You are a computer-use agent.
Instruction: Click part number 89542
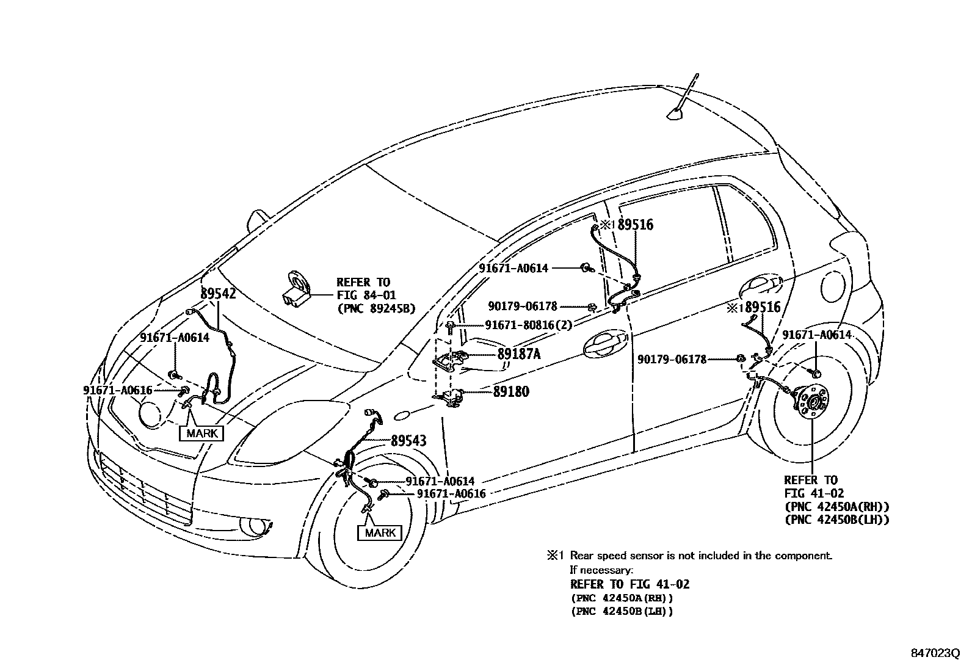coord(218,294)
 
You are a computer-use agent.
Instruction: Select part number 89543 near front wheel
coord(408,441)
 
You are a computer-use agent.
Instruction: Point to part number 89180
coord(511,391)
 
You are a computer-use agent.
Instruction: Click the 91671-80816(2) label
coord(529,325)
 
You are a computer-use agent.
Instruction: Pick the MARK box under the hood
coord(201,433)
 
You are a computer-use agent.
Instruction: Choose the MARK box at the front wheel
coord(380,532)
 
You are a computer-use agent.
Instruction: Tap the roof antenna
coord(677,111)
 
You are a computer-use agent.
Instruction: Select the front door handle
coord(604,345)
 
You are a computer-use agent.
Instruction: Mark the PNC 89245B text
coord(375,309)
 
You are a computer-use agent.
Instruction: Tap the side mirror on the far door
coord(259,218)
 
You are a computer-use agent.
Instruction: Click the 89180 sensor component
coord(453,397)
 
